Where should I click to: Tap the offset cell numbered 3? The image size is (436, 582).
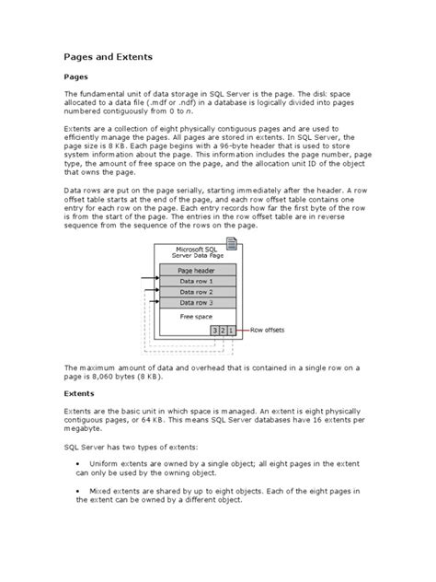click(213, 329)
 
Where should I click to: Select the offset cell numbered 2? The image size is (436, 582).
click(223, 329)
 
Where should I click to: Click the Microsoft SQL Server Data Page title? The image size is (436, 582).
click(191, 252)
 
